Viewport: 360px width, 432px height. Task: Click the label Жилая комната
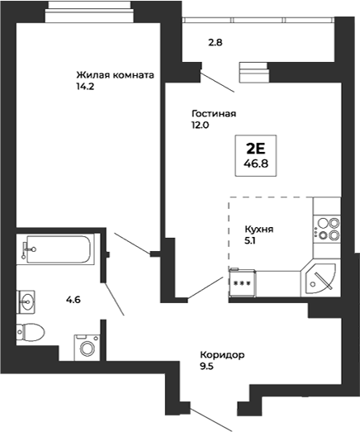point(115,74)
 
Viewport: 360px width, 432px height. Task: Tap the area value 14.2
point(84,86)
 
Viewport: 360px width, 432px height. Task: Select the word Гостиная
point(214,114)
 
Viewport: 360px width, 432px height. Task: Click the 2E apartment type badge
point(256,149)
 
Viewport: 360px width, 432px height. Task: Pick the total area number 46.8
point(256,164)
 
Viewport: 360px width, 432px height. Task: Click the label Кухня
point(258,230)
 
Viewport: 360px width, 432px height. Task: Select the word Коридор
point(221,354)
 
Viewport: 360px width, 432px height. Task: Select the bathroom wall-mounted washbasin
point(27,301)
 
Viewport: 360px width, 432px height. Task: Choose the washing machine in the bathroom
point(86,346)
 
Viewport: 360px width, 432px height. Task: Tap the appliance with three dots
point(243,282)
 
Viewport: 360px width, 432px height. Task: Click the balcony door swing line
point(218,80)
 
